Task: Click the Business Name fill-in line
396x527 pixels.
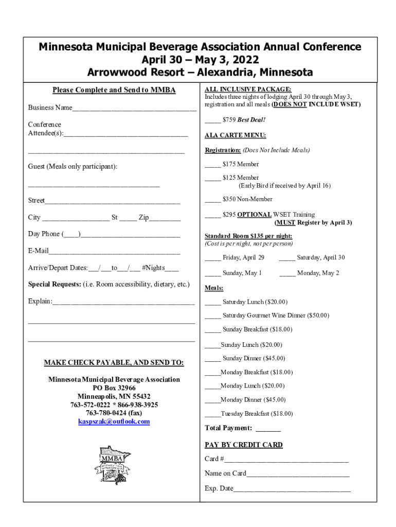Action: point(134,109)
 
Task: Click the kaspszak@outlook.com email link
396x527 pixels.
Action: point(114,421)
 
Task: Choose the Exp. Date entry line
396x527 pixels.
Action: point(292,489)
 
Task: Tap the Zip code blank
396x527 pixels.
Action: point(165,219)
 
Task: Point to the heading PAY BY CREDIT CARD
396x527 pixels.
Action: point(243,445)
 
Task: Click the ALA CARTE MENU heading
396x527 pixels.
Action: point(235,135)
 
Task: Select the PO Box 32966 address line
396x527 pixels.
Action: point(114,388)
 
